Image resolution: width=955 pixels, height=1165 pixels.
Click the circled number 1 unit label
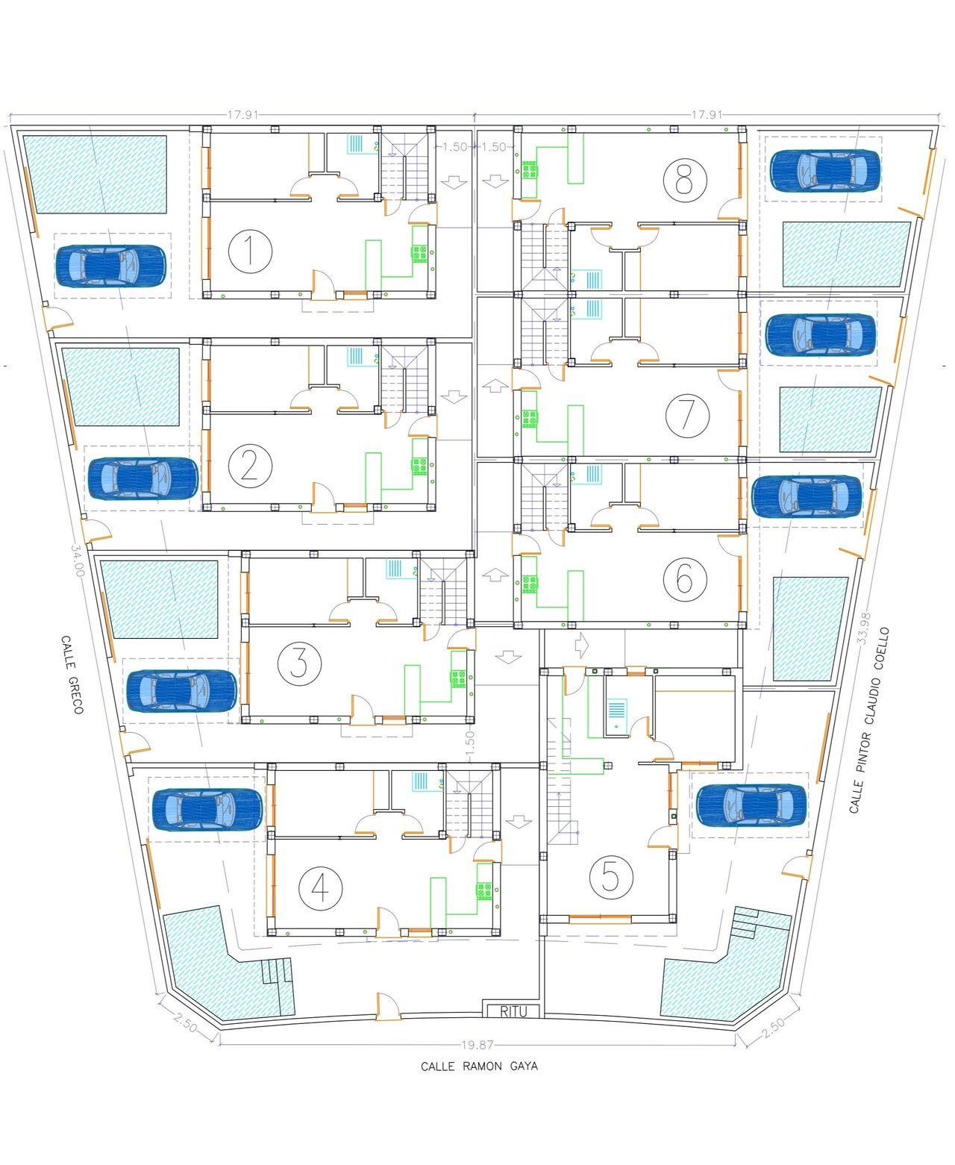(250, 251)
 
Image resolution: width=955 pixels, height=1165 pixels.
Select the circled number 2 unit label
(250, 466)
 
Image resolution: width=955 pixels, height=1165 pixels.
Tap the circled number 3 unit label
(299, 663)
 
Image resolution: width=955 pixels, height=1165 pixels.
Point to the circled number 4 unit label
(320, 889)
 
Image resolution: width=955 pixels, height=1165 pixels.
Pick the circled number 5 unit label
(611, 877)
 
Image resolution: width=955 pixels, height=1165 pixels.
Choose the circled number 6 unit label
(685, 579)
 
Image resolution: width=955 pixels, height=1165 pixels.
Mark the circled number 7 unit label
(687, 416)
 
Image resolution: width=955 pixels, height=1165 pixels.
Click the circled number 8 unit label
(685, 180)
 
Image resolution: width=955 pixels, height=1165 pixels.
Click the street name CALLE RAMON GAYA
(479, 1066)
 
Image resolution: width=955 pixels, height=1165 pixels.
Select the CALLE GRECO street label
(72, 675)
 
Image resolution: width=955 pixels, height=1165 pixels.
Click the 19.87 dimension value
(477, 1045)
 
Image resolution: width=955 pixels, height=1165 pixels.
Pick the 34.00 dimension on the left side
(77, 560)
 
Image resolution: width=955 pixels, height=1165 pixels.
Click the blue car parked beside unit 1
(110, 266)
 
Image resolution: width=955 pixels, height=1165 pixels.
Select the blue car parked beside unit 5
(751, 805)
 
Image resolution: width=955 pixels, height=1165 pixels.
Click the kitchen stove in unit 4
(484, 890)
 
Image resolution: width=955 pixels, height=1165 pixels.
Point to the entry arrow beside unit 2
(454, 396)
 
